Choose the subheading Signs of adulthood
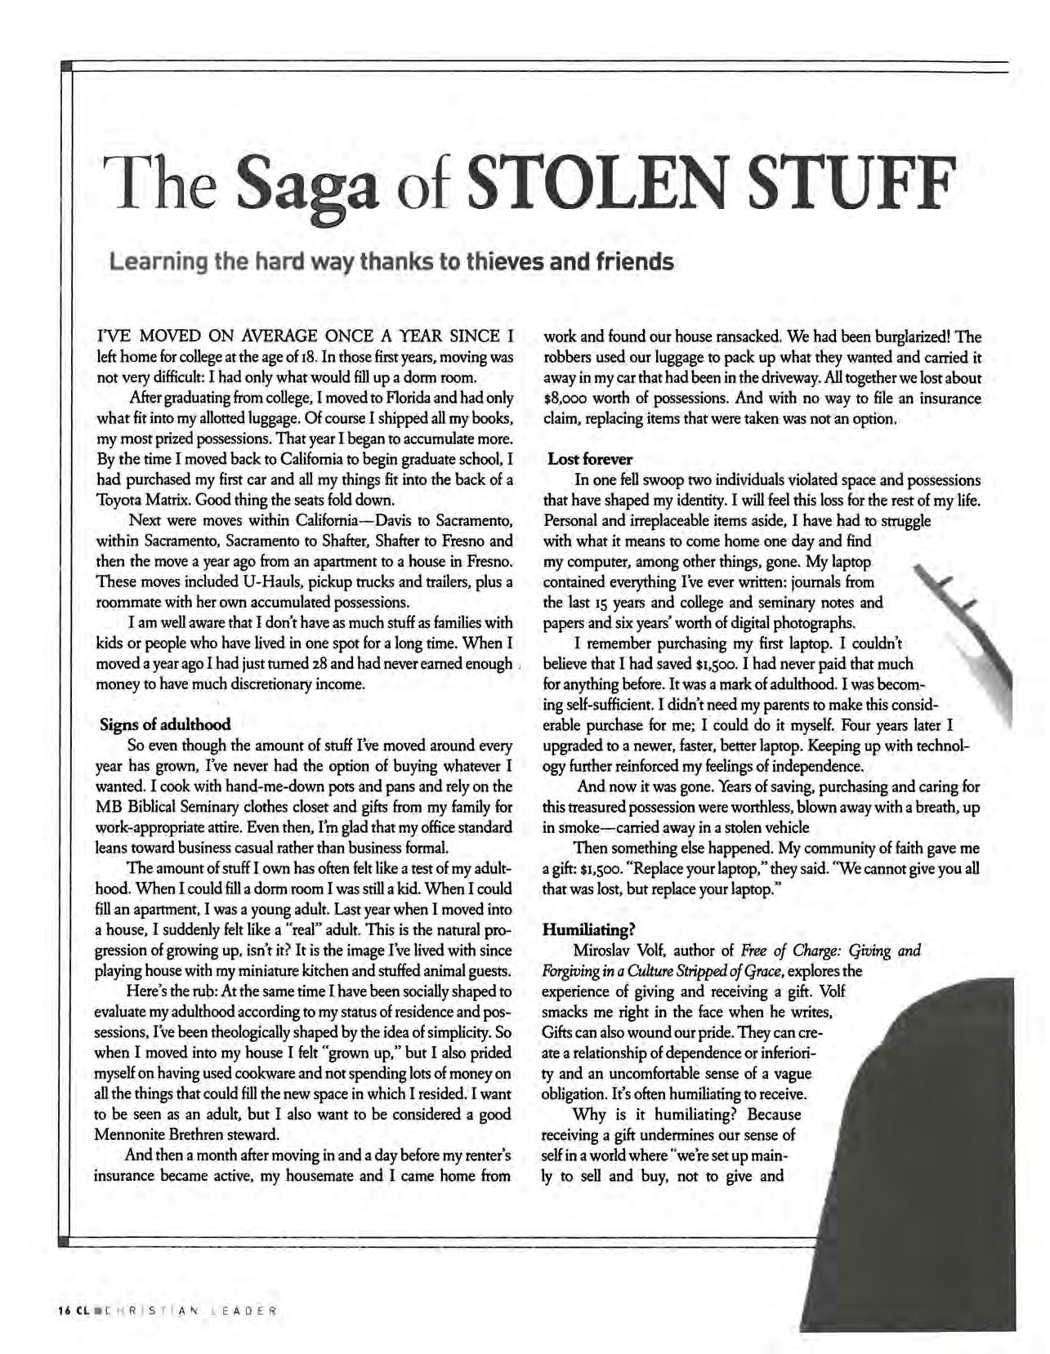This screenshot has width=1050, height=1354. coord(165,724)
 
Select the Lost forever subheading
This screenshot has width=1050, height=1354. coord(590,459)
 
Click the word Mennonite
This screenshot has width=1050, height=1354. coord(133,1135)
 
